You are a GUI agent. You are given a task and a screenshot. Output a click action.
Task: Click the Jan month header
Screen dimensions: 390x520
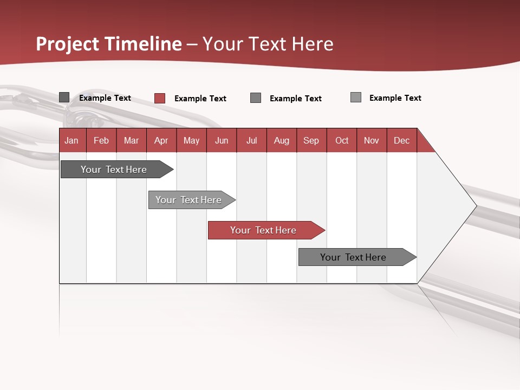pyautogui.click(x=71, y=140)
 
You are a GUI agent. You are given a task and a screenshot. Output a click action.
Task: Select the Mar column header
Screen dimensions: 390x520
pyautogui.click(x=131, y=140)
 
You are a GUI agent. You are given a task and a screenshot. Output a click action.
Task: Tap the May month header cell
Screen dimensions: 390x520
pyautogui.click(x=191, y=140)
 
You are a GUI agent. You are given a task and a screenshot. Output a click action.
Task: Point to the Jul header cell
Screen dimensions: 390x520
pyautogui.click(x=251, y=140)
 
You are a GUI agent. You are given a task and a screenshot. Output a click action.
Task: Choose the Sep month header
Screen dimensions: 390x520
pyautogui.click(x=311, y=140)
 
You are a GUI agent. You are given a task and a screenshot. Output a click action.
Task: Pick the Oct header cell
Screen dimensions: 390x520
pyautogui.click(x=342, y=140)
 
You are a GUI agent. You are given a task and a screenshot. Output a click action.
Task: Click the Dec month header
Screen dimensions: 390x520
pyautogui.click(x=401, y=140)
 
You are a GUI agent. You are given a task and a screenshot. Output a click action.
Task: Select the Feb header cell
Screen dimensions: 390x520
pyautogui.click(x=101, y=140)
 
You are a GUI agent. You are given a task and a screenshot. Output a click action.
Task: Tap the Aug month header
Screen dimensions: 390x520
pyautogui.click(x=281, y=140)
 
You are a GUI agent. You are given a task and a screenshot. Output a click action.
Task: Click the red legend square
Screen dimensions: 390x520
pyautogui.click(x=159, y=98)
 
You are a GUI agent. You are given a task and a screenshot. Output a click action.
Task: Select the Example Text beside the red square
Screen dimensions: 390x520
pyautogui.click(x=200, y=99)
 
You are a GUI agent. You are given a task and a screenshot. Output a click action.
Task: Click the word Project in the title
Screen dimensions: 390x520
pyautogui.click(x=68, y=44)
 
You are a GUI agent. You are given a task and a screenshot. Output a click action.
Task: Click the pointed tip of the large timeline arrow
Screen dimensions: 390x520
pyautogui.click(x=474, y=206)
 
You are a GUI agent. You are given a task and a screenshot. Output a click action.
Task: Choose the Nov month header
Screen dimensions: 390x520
pyautogui.click(x=372, y=140)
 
